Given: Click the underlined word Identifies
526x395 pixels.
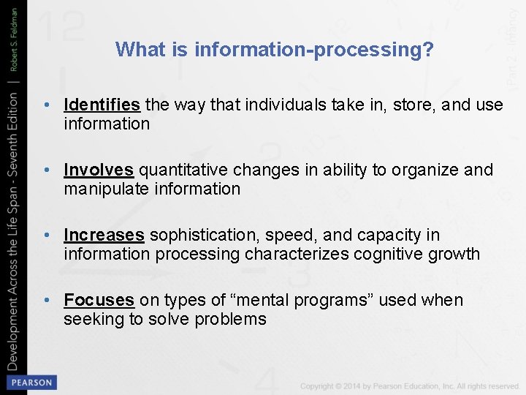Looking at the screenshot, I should pyautogui.click(x=102, y=105).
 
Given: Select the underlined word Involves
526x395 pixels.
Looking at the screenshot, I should pyautogui.click(x=99, y=170).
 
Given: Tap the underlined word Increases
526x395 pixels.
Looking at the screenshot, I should pyautogui.click(x=104, y=235).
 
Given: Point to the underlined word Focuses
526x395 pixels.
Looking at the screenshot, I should pyautogui.click(x=99, y=300).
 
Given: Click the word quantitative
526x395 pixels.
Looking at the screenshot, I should pyautogui.click(x=182, y=170).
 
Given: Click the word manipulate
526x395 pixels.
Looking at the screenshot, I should pyautogui.click(x=99, y=189).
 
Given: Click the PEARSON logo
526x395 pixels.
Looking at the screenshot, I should pyautogui.click(x=31, y=383).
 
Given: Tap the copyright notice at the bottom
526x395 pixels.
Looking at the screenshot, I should pyautogui.click(x=409, y=385).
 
